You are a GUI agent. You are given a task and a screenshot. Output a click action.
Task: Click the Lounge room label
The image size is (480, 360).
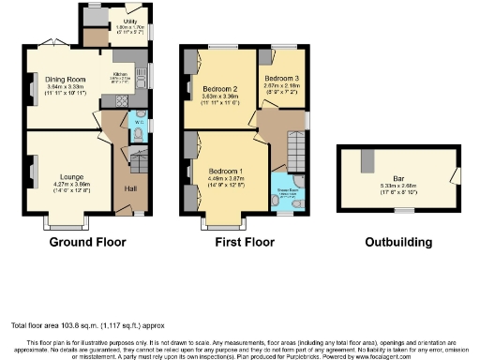(70, 176)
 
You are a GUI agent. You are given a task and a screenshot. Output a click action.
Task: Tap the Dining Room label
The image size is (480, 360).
(70, 81)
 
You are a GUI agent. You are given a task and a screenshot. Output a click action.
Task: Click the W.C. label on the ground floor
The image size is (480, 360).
(137, 122)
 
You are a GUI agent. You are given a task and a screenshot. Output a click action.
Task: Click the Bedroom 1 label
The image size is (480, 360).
(226, 172)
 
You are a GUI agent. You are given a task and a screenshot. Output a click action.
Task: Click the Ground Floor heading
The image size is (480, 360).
(85, 242)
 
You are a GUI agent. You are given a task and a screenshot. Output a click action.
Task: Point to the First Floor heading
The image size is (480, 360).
(243, 242)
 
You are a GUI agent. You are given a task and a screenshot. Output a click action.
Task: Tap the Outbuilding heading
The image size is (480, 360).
(399, 242)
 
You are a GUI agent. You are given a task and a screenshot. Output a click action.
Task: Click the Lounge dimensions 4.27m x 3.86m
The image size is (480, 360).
(70, 185)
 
